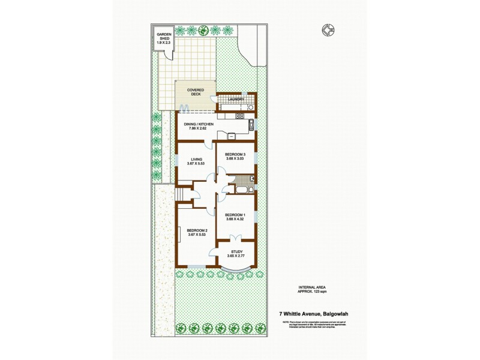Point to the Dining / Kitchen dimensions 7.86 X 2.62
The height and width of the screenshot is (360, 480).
click(198, 129)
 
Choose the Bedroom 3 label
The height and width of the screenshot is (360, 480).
click(235, 155)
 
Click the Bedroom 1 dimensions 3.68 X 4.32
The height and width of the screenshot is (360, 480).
click(235, 219)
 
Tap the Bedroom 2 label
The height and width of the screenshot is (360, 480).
click(196, 231)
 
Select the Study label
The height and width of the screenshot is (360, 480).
click(235, 252)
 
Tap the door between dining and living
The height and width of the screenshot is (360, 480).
click(208, 143)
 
